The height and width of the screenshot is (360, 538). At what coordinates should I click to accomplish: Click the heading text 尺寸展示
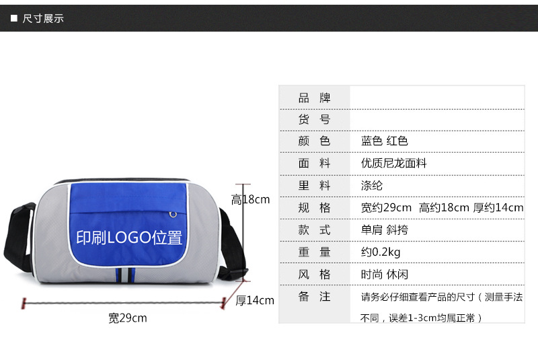pyautogui.click(x=43, y=19)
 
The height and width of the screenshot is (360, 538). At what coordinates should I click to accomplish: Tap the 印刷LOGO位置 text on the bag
pyautogui.click(x=129, y=238)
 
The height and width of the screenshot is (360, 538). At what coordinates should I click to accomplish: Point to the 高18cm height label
pyautogui.click(x=250, y=199)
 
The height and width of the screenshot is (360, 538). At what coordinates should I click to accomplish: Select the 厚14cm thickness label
pyautogui.click(x=255, y=300)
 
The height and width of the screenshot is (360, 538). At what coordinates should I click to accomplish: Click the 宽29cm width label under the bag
pyautogui.click(x=127, y=318)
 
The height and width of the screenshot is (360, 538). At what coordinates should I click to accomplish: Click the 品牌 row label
pyautogui.click(x=314, y=98)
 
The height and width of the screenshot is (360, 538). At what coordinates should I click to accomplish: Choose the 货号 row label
pyautogui.click(x=314, y=120)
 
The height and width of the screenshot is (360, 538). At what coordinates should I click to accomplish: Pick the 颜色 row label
pyautogui.click(x=314, y=141)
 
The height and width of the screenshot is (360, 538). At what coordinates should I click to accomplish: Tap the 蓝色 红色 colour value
pyautogui.click(x=384, y=141)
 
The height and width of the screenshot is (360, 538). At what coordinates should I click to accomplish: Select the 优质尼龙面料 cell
pyautogui.click(x=393, y=164)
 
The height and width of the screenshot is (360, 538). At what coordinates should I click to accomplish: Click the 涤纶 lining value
pyautogui.click(x=371, y=186)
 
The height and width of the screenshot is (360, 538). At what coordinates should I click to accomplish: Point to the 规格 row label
pyautogui.click(x=314, y=208)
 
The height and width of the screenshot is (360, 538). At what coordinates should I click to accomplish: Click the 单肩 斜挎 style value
pyautogui.click(x=384, y=230)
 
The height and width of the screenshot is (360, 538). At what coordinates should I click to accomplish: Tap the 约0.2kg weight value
pyautogui.click(x=380, y=252)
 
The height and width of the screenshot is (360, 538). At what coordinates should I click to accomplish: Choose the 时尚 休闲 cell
pyautogui.click(x=384, y=275)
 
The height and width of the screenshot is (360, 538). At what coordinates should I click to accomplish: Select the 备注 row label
pyautogui.click(x=314, y=297)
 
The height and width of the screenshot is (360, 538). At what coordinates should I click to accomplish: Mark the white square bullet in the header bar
pyautogui.click(x=14, y=19)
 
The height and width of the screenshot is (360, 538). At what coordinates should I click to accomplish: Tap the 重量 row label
pyautogui.click(x=314, y=252)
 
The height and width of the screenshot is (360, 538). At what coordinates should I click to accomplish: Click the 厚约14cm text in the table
pyautogui.click(x=498, y=208)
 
